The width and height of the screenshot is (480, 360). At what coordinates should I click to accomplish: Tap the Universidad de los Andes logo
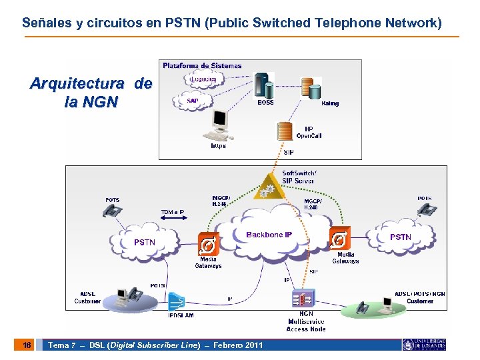[425, 345]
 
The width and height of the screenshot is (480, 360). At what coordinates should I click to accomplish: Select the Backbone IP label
[269, 235]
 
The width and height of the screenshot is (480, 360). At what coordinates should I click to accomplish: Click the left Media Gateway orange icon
[208, 243]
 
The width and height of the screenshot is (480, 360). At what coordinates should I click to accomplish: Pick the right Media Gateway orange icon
[339, 238]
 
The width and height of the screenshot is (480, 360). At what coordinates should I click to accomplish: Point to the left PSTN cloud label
[144, 242]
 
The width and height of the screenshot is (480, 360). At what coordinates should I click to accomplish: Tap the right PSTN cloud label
[401, 237]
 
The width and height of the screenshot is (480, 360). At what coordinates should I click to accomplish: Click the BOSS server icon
[264, 85]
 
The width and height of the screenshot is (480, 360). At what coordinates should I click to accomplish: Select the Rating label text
[329, 103]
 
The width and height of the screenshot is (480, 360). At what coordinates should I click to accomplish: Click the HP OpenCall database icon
[285, 131]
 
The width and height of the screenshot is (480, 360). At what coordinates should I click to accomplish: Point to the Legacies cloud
[203, 79]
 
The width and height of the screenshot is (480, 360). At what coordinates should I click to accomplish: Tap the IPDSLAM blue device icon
[177, 301]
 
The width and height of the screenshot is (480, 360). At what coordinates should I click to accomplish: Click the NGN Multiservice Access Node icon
[305, 298]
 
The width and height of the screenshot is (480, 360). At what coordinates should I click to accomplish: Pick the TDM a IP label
[173, 212]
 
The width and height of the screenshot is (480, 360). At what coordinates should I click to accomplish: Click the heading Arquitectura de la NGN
[91, 93]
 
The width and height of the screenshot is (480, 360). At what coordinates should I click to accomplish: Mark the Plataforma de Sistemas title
[202, 65]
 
